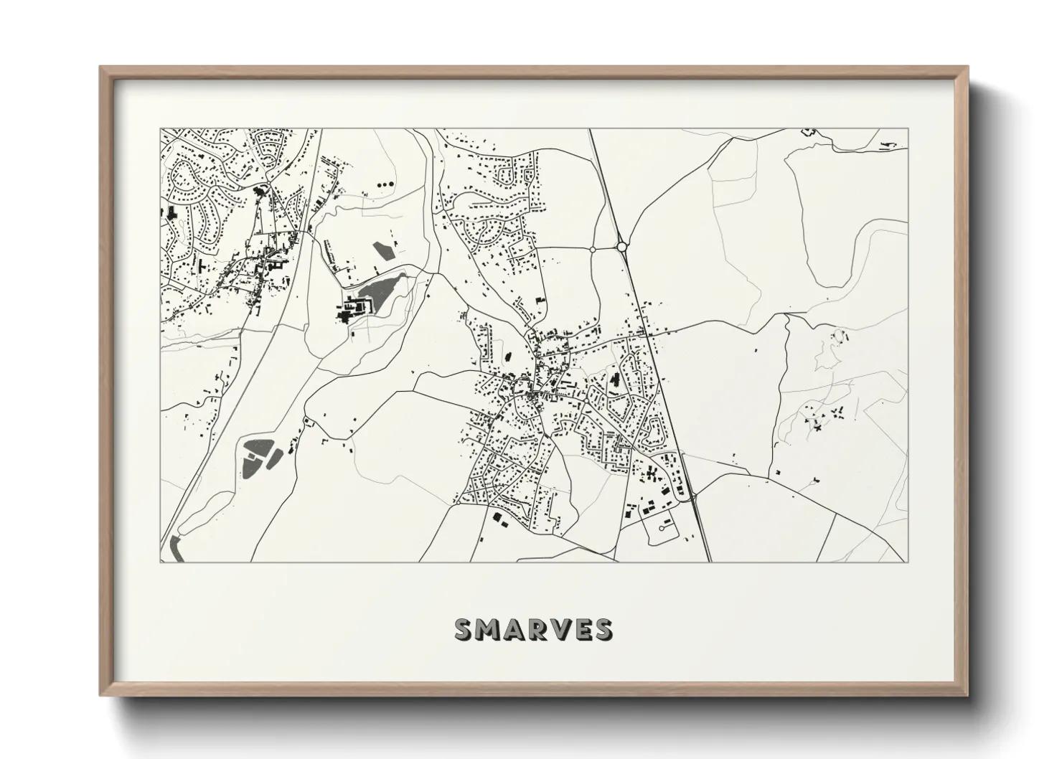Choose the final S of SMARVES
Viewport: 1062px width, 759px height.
[x=603, y=628]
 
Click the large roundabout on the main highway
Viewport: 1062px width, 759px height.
[x=621, y=247]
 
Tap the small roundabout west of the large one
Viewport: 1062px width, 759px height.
[x=593, y=248]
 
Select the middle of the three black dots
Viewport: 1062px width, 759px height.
[x=385, y=184]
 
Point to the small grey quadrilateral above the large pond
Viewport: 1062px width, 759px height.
[x=383, y=250]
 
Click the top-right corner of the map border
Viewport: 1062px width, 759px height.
[x=907, y=129]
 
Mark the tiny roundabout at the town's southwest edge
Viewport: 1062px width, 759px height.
[x=456, y=503]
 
